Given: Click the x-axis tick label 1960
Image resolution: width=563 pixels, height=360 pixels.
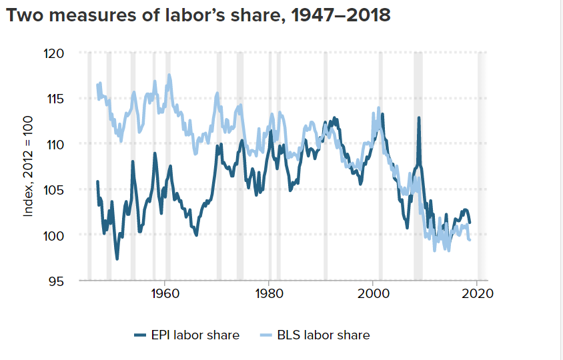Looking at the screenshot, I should click(163, 294).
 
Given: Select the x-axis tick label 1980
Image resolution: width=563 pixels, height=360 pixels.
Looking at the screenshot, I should click(268, 294).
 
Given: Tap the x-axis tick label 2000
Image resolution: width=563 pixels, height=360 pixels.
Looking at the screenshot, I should click(373, 294).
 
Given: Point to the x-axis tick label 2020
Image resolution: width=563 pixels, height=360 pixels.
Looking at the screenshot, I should click(478, 294).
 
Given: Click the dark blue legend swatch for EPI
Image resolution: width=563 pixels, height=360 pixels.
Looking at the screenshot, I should click(140, 335).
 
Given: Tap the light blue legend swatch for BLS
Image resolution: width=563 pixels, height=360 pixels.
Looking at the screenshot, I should click(267, 335).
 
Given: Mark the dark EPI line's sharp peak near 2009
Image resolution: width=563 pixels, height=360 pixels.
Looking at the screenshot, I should click(419, 118).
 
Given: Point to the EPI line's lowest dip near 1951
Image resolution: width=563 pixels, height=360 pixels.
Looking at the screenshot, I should click(117, 259).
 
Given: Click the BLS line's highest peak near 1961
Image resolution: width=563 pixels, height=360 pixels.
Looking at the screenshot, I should click(169, 75).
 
